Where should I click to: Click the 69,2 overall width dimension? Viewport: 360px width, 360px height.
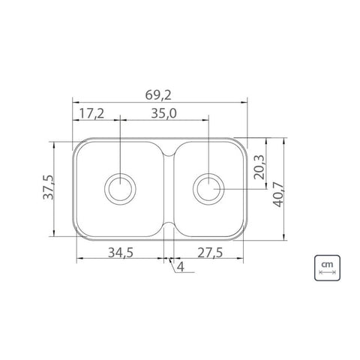click(x=158, y=95)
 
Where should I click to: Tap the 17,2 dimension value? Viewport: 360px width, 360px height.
click(x=91, y=114)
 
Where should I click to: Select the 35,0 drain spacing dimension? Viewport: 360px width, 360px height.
click(x=163, y=113)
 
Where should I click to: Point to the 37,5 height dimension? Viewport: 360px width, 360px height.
click(x=48, y=187)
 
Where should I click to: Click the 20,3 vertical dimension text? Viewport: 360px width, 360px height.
click(x=259, y=167)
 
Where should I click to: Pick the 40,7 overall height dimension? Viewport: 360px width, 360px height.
click(x=278, y=195)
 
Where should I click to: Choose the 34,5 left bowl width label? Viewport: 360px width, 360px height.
click(x=121, y=253)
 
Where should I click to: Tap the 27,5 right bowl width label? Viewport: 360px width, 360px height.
click(x=210, y=253)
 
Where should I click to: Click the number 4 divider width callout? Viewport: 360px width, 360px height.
click(x=180, y=267)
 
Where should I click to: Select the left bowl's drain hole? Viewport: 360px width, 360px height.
click(x=120, y=189)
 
